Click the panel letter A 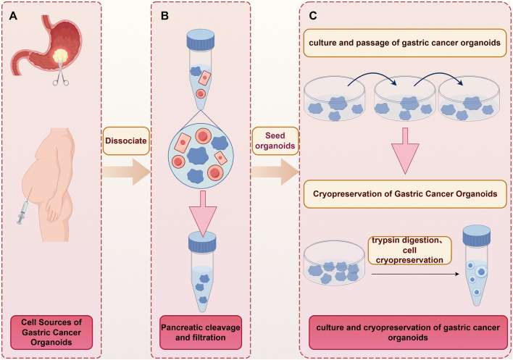point(13,16)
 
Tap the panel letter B point(165,16)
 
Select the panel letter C point(313,16)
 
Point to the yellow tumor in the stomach point(61,56)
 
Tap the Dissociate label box point(126,141)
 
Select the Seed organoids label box point(275,141)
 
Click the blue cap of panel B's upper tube point(200,38)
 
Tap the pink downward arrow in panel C point(405,151)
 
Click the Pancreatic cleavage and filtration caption point(201,332)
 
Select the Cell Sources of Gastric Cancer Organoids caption point(51,332)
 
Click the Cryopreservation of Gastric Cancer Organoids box point(405,194)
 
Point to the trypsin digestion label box point(409,250)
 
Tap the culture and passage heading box point(405,43)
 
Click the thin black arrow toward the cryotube point(415,274)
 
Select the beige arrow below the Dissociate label point(126,172)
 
